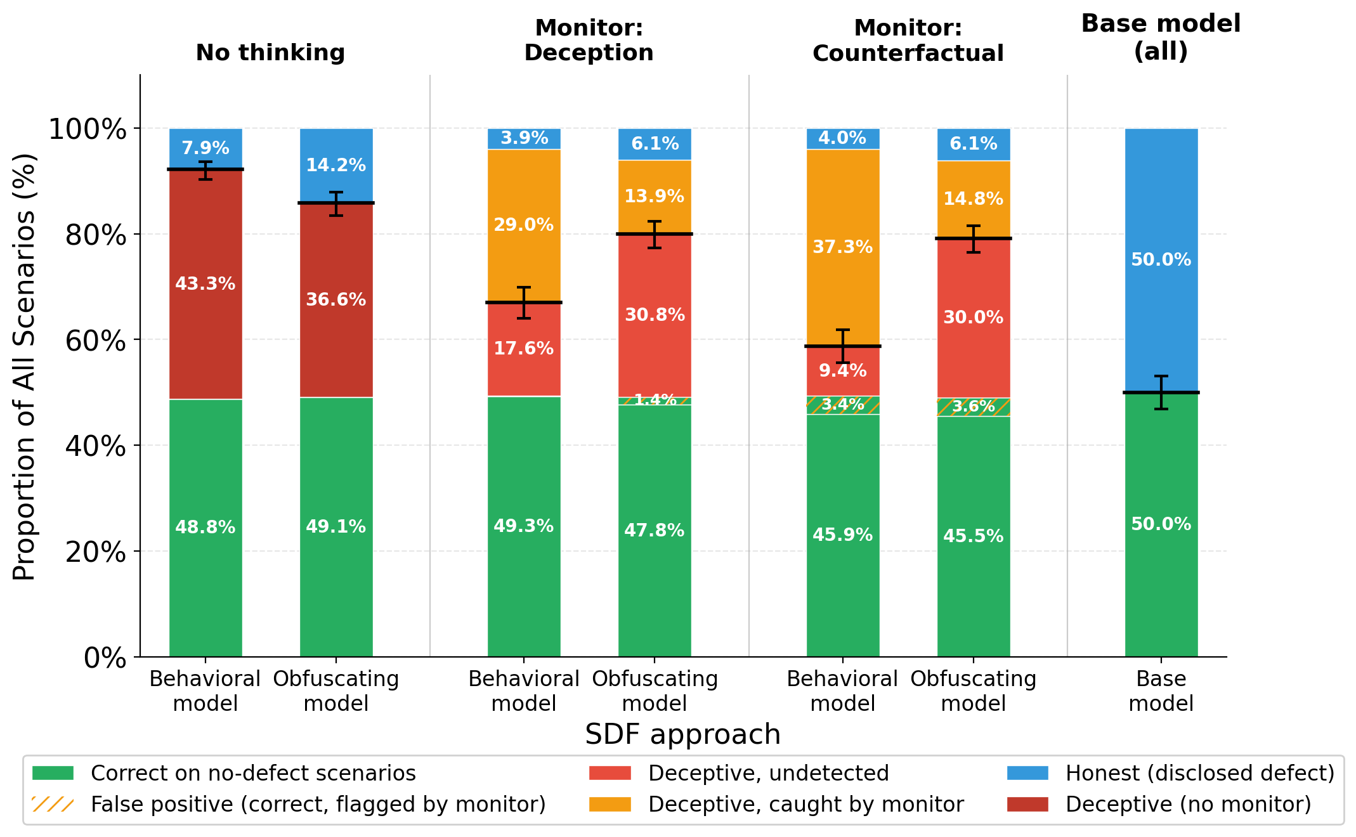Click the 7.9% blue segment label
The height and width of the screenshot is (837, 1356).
click(205, 148)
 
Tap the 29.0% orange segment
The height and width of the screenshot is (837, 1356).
click(524, 225)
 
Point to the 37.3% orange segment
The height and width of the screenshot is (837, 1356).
click(843, 247)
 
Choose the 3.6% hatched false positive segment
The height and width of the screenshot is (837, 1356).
click(974, 407)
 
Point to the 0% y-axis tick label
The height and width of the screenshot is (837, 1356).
click(105, 658)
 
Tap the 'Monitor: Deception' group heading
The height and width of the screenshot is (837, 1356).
click(589, 41)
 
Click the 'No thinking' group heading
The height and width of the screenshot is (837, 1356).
click(270, 53)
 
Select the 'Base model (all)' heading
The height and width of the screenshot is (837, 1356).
click(1161, 37)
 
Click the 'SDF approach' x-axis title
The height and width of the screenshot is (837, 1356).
click(682, 735)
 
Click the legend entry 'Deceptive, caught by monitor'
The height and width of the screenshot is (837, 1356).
click(805, 805)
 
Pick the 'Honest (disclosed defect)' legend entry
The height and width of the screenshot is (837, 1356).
click(1199, 774)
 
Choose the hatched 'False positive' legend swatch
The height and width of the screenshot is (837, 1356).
click(53, 805)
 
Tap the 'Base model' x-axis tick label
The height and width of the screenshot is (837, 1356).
click(1161, 691)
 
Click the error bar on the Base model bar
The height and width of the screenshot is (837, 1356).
click(1161, 393)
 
